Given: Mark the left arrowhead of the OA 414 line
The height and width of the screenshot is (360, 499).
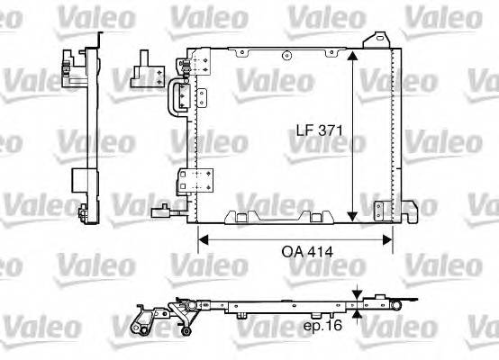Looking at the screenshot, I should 202,239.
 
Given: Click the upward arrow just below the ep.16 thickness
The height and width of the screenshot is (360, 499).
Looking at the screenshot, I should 358,315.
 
